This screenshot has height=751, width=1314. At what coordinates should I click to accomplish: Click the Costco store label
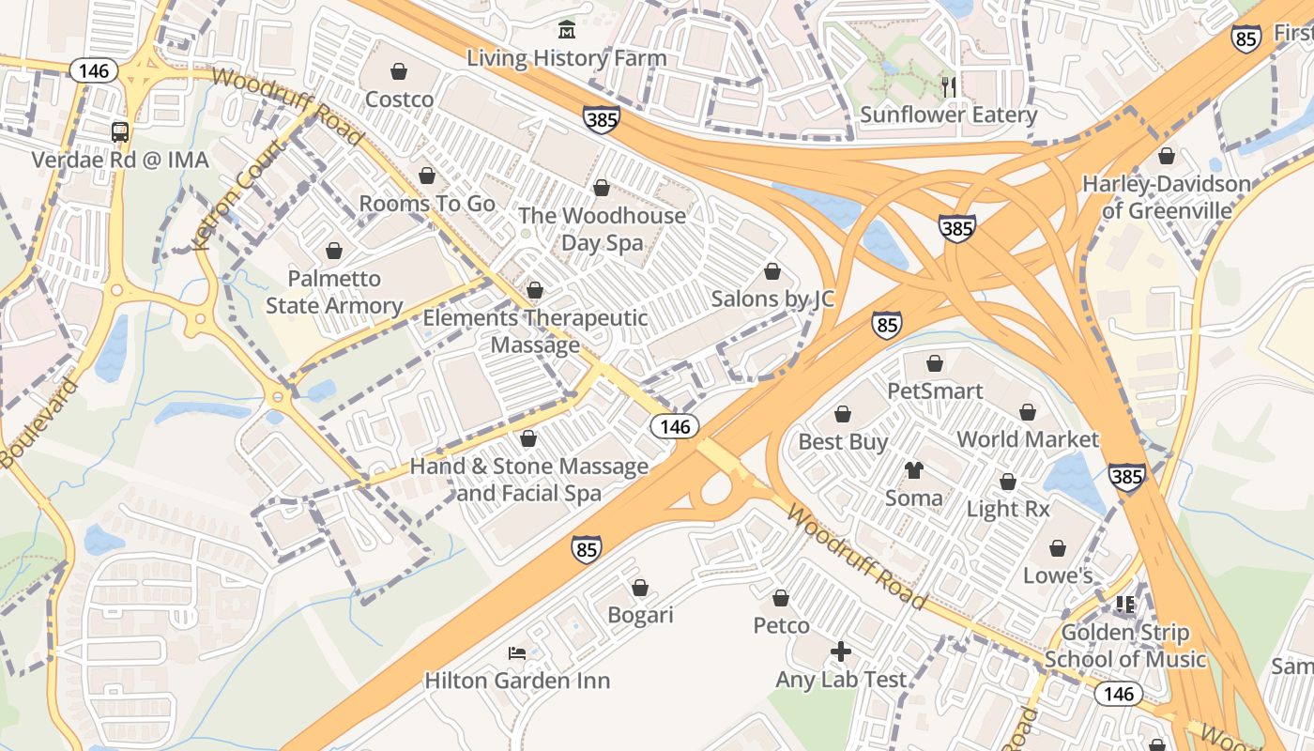[399, 99]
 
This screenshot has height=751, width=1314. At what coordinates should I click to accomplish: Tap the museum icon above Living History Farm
[567, 31]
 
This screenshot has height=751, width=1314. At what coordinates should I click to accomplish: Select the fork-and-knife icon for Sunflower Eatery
[949, 87]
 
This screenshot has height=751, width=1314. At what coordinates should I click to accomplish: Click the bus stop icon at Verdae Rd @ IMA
[120, 132]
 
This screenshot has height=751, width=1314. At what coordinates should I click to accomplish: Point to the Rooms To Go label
[427, 203]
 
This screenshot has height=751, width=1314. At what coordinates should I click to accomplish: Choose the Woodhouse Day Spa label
[602, 229]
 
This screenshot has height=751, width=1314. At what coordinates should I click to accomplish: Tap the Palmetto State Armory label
[334, 292]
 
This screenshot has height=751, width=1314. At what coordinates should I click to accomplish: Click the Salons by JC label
[772, 299]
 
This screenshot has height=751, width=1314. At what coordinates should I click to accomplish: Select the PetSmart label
[935, 391]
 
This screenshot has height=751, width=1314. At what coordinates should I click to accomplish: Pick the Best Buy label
[843, 441]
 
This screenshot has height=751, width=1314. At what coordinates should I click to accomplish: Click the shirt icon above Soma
[914, 470]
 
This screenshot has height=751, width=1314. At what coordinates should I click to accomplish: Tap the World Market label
[1027, 438]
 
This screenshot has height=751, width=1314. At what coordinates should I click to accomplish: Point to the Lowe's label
[1058, 575]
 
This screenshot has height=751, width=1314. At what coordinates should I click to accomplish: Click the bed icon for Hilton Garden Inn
[517, 652]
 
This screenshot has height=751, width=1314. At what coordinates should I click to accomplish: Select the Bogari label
[640, 615]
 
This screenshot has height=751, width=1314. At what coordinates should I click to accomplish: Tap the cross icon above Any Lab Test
[841, 651]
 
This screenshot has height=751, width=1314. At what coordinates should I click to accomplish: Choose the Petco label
[781, 624]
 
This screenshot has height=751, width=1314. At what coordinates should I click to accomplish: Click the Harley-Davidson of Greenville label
[1167, 197]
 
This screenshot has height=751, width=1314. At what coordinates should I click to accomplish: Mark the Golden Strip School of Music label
[1124, 646]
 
